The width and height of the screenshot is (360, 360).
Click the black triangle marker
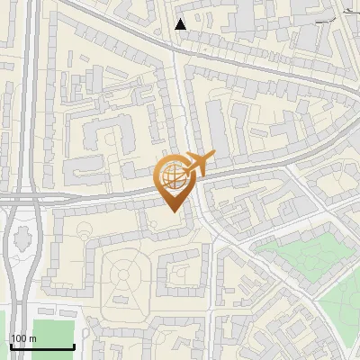[x=181, y=24]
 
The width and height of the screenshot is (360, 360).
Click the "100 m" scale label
[x=22, y=338]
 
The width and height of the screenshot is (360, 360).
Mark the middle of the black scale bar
[x=41, y=346]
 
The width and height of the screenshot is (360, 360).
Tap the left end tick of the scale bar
[x=10, y=345]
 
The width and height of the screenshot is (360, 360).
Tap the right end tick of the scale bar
[x=73, y=345]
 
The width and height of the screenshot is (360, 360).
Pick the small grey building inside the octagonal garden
[x=121, y=298]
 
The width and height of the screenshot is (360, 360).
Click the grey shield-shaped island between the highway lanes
[x=21, y=241]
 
